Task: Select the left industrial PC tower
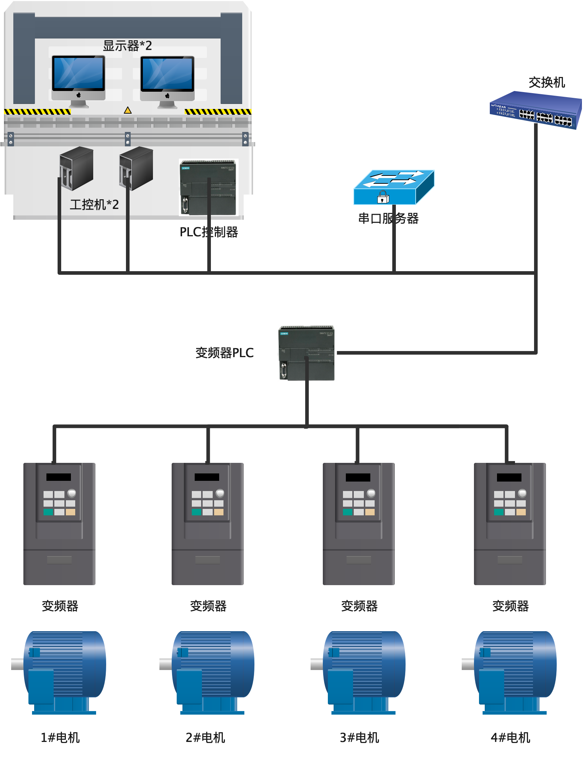77,168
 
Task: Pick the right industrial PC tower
136,168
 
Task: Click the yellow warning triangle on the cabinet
128,110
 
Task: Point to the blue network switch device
535,109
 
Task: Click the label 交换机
547,82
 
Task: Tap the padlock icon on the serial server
383,197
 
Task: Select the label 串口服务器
388,218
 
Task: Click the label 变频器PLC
225,353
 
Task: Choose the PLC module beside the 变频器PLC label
307,353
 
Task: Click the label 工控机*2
94,205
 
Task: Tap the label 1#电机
60,738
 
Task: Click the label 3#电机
360,738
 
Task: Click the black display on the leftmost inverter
59,477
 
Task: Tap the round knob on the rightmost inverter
522,493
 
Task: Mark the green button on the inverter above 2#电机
196,512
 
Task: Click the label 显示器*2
127,46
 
